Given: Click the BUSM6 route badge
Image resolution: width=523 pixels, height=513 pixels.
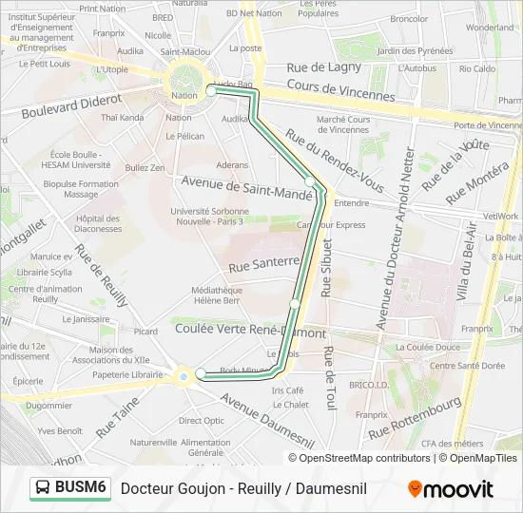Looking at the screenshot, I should click(70, 487).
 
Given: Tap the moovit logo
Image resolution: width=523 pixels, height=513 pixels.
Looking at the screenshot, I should click(451, 488).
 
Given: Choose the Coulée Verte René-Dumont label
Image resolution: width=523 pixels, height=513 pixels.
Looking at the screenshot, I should click(251, 332).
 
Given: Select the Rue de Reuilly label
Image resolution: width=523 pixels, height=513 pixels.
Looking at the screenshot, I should click(102, 275).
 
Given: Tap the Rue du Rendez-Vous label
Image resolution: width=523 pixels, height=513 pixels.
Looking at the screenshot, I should click(336, 161).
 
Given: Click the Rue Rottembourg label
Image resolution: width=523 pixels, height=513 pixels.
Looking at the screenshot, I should click(415, 417).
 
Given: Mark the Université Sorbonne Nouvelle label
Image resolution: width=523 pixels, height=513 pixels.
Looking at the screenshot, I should click(207, 216).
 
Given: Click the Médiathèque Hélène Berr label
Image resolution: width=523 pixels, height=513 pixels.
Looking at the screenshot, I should click(217, 294).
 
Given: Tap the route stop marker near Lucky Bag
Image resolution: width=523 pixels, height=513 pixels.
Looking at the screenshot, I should click(211, 91).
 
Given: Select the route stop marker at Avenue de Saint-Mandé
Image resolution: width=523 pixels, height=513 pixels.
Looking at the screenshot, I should click(310, 181).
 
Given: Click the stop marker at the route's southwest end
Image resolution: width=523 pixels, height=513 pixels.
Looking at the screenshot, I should click(201, 374).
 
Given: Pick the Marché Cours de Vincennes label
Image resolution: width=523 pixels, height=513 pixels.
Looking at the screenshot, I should click(343, 124).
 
